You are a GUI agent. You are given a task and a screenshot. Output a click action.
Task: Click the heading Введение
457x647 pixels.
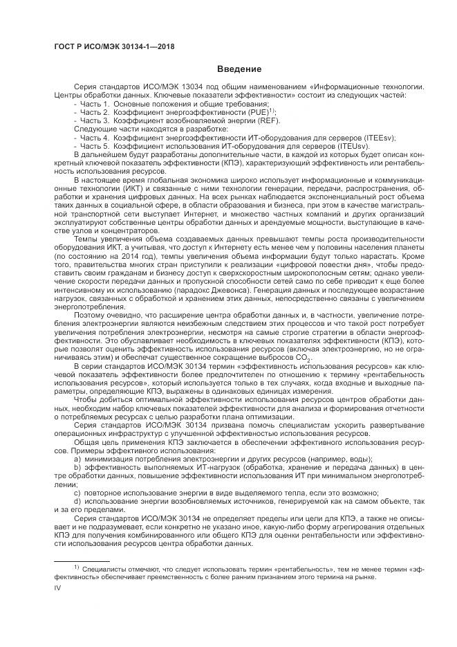239,69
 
